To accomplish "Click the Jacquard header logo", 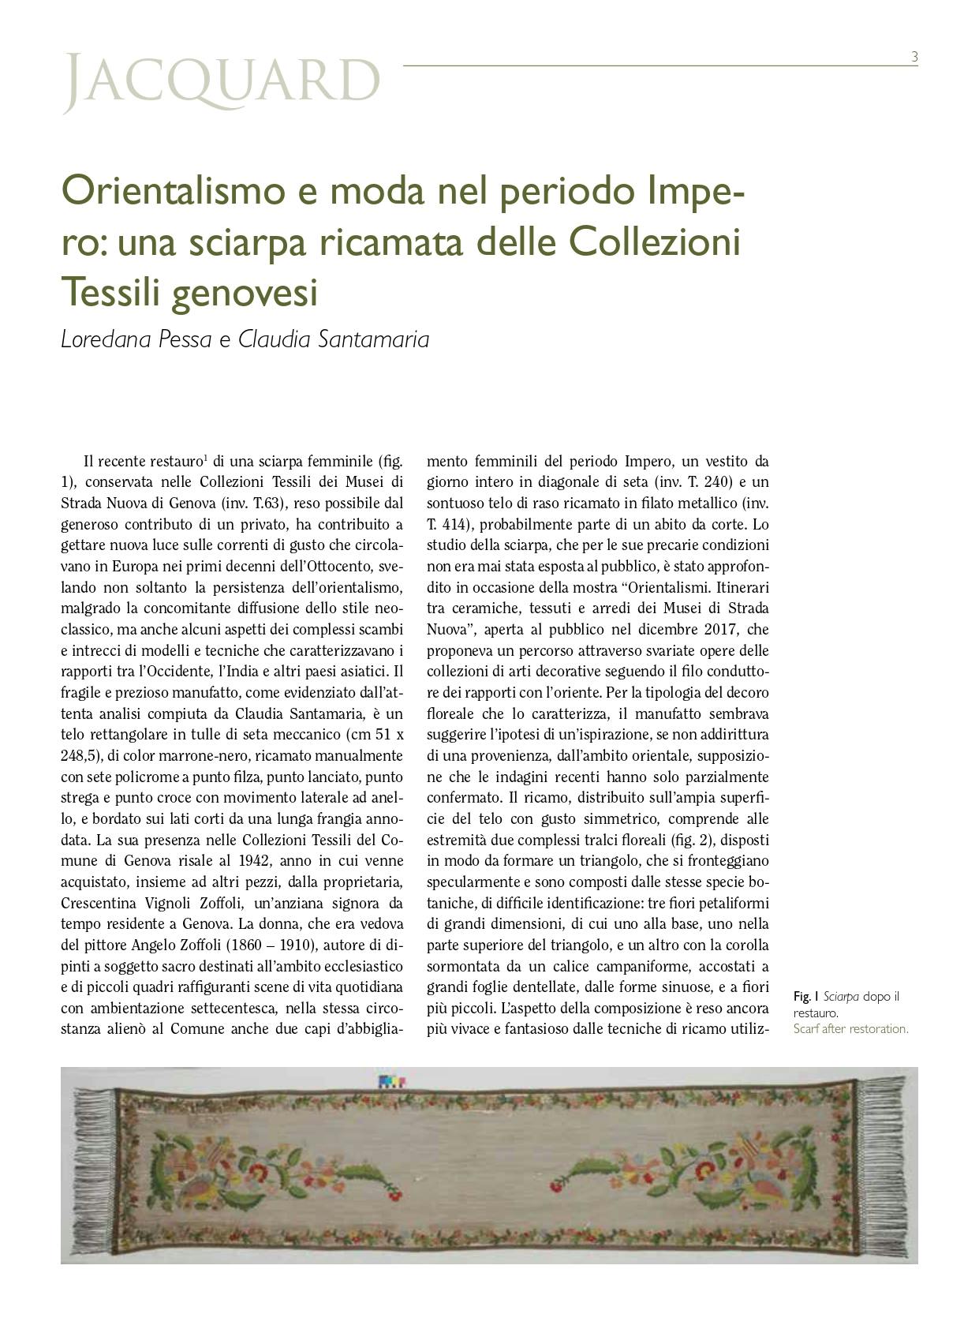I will point(221,82).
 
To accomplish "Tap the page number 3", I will point(914,57).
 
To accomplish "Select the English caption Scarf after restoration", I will point(850,1029).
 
